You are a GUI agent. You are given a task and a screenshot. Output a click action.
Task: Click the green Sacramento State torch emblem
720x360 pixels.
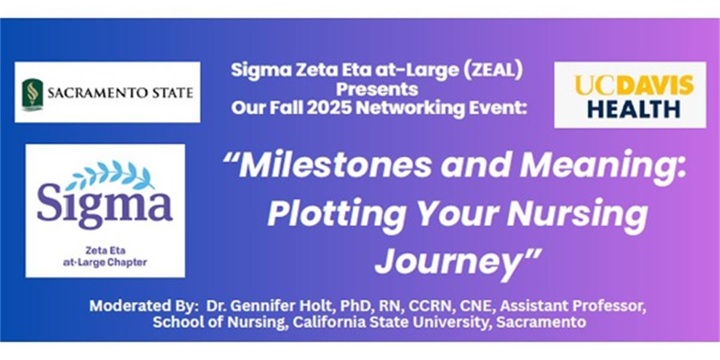click(32, 94)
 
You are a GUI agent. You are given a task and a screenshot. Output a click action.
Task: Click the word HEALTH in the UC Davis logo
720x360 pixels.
click(634, 109)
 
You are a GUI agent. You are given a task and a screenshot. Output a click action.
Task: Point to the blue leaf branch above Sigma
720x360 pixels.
click(110, 175)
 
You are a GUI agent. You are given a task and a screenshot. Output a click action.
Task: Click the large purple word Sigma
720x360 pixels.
click(105, 206)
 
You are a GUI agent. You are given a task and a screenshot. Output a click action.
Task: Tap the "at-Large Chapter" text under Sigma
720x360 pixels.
click(105, 263)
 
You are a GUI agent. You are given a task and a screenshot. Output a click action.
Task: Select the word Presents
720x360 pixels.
click(377, 89)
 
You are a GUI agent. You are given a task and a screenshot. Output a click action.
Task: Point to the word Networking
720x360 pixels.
click(410, 107)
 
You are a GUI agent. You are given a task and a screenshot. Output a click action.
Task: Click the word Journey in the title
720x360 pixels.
click(448, 263)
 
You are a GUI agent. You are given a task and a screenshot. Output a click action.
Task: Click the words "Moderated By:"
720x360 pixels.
click(143, 305)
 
